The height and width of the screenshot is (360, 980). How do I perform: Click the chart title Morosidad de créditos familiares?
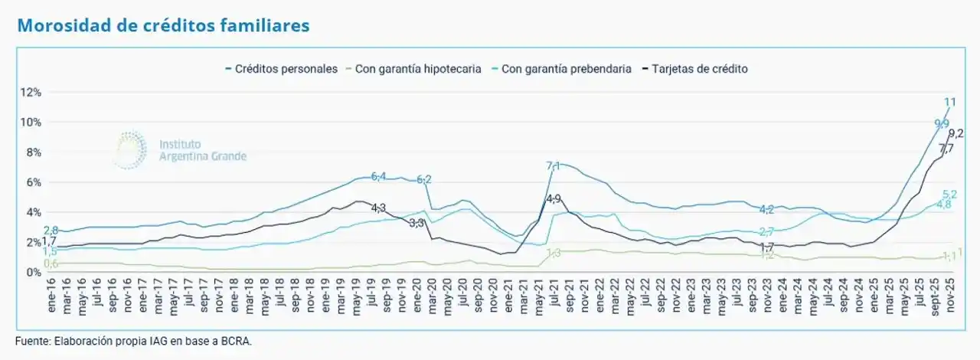click(x=163, y=25)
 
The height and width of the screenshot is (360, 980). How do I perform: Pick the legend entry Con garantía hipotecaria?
click(x=418, y=69)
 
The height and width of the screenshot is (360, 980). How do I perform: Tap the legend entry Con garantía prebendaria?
click(x=567, y=69)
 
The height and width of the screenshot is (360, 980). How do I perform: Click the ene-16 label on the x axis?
click(x=53, y=296)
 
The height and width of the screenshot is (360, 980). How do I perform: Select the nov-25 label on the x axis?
click(x=949, y=296)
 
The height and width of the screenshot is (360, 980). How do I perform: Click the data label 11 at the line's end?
click(x=949, y=102)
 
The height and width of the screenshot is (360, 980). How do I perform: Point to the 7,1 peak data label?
click(x=553, y=165)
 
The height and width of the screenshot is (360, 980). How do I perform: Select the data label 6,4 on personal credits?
click(x=378, y=176)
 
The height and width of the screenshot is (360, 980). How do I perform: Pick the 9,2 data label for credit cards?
click(x=955, y=133)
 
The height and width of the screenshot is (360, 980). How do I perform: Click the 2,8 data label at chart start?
click(x=51, y=231)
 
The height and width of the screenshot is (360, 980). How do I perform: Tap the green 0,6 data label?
click(x=51, y=263)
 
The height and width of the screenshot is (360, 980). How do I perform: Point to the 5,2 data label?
click(x=950, y=195)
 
